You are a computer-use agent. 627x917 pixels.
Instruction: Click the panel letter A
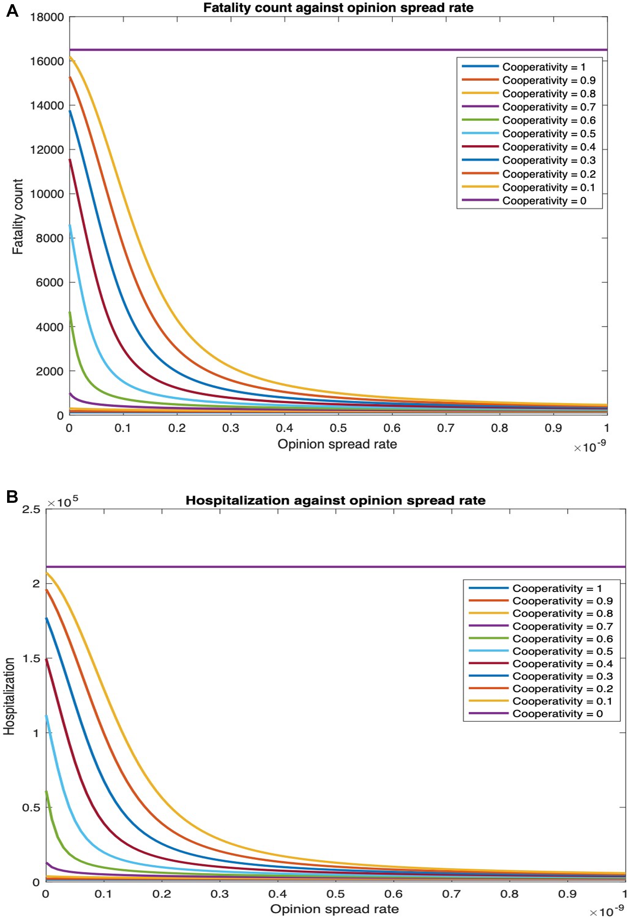coord(12,10)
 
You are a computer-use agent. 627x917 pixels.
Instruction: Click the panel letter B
coord(12,497)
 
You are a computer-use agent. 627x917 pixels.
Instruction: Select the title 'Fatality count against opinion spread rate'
coord(338,8)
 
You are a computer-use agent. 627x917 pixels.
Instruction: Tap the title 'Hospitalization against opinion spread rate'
coord(335,500)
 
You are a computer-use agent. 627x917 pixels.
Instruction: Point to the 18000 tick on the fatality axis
coord(47,17)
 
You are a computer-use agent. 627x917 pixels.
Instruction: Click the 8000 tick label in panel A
coord(49,238)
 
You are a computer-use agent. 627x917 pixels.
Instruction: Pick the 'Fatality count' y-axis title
coord(18,217)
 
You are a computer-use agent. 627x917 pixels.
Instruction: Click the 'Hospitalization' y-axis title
coord(9,696)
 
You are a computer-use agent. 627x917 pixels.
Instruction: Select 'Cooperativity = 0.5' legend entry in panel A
coord(548,134)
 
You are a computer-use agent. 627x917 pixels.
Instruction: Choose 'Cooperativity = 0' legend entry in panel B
coord(557,713)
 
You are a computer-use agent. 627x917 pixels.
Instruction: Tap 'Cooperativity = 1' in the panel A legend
coord(543,67)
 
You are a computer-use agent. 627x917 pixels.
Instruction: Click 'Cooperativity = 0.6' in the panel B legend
coord(562,639)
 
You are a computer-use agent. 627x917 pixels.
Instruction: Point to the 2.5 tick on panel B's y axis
coord(31,509)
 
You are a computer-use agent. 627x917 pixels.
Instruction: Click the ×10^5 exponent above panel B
coord(63,502)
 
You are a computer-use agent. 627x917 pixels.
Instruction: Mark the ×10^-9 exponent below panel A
coord(590,447)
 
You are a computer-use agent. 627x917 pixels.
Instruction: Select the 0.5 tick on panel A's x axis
coord(338,428)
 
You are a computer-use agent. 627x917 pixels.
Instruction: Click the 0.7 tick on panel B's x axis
coord(451,894)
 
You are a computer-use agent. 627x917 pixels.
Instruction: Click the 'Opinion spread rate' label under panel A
coord(337,444)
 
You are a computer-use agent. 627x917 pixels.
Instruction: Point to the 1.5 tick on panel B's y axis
coord(31,658)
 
